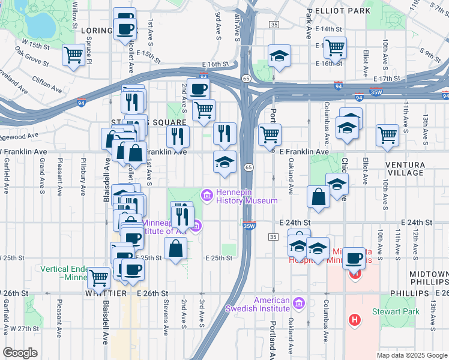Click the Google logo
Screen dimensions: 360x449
20,353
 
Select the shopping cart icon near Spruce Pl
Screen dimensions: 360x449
74,55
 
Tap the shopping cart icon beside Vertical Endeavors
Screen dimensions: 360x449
98,277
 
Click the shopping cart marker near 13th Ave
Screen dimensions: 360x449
387,134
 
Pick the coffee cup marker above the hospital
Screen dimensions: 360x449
354,257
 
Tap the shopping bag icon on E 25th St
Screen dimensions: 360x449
175,248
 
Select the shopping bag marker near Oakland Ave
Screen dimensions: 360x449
318,196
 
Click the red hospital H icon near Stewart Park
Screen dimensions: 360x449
355,320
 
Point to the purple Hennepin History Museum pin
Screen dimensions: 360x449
207,194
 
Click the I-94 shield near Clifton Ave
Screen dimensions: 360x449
80,103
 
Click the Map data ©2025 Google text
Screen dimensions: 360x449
411,355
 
